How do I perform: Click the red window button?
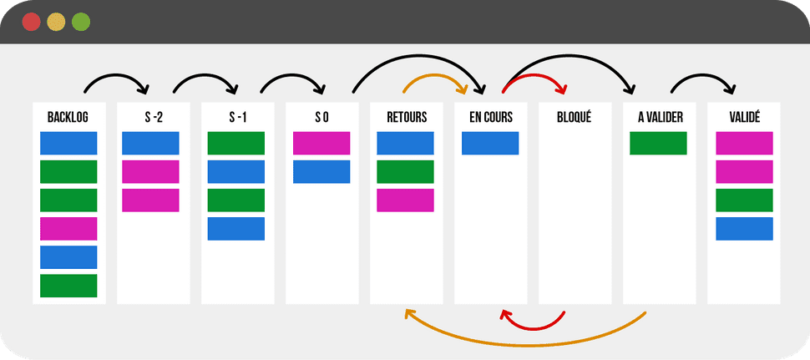[x=32, y=22]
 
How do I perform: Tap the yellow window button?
[x=56, y=22]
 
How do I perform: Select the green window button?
[x=81, y=22]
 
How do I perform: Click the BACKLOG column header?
[x=68, y=118]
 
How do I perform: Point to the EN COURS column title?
[x=491, y=118]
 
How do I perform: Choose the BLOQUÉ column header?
[x=575, y=118]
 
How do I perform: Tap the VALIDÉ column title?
[x=744, y=118]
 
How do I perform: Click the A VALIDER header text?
[x=660, y=118]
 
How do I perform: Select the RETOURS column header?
[x=406, y=118]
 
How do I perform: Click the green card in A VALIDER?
[x=658, y=144]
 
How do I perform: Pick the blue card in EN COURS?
[x=490, y=144]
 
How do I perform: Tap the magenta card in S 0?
[x=321, y=144]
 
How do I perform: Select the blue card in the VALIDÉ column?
[x=744, y=229]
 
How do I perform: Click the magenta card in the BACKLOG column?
[x=68, y=229]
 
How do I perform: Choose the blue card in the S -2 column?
[x=150, y=144]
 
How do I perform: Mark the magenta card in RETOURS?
[x=405, y=200]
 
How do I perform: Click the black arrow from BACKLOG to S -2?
[x=116, y=77]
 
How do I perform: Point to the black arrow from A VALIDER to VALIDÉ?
[x=704, y=77]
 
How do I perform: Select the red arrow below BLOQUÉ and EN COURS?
[x=534, y=325]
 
